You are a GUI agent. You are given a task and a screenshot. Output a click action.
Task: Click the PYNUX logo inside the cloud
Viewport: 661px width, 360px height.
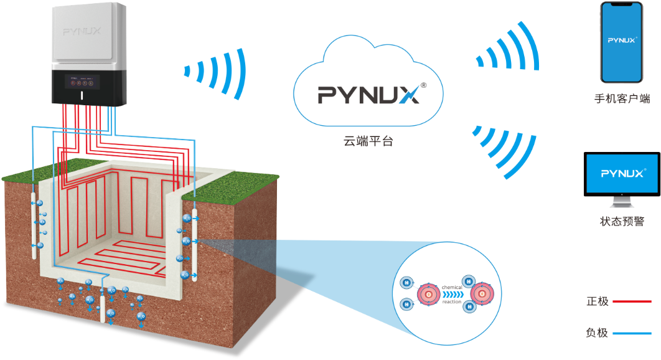(x=368, y=95)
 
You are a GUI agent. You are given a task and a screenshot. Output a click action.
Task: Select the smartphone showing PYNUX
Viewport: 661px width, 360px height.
(x=621, y=42)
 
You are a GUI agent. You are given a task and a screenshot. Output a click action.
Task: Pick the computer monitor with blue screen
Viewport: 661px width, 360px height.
(x=621, y=177)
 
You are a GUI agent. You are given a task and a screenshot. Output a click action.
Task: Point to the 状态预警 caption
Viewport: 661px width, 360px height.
(x=621, y=221)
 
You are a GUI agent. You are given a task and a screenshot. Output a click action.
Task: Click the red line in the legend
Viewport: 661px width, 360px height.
(x=631, y=301)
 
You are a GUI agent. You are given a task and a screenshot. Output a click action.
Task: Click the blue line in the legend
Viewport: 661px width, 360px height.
(x=631, y=333)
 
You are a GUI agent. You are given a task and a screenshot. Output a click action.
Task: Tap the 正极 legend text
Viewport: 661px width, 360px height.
(x=596, y=301)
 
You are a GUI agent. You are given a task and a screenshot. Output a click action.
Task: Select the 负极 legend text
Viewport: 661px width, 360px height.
(x=596, y=333)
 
